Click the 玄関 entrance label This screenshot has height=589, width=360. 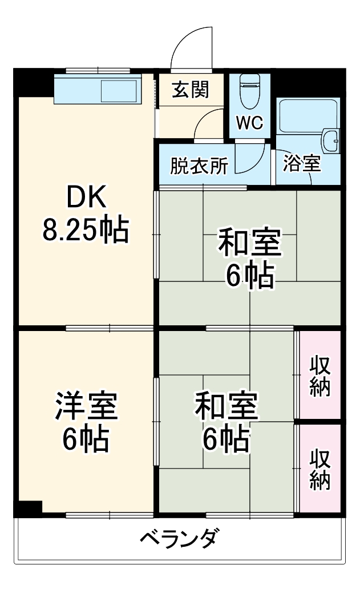click(x=191, y=90)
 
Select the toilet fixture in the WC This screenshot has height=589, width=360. click(x=249, y=91)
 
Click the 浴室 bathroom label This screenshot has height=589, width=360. click(x=302, y=164)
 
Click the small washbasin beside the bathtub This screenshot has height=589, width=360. click(x=330, y=140)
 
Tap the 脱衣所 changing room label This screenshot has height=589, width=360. click(x=199, y=165)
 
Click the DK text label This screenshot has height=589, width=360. click(x=86, y=198)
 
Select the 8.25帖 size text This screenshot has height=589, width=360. click(x=85, y=230)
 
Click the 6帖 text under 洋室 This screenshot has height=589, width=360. click(x=86, y=439)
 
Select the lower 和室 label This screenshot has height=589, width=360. click(x=226, y=406)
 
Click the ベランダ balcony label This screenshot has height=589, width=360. click(x=178, y=538)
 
